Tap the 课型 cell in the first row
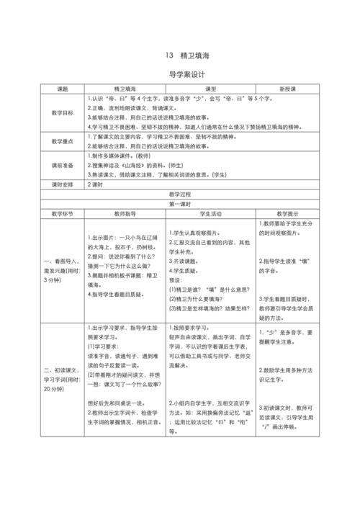(210, 89)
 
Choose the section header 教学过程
(181, 194)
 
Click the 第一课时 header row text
(181, 204)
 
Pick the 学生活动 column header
(210, 214)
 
